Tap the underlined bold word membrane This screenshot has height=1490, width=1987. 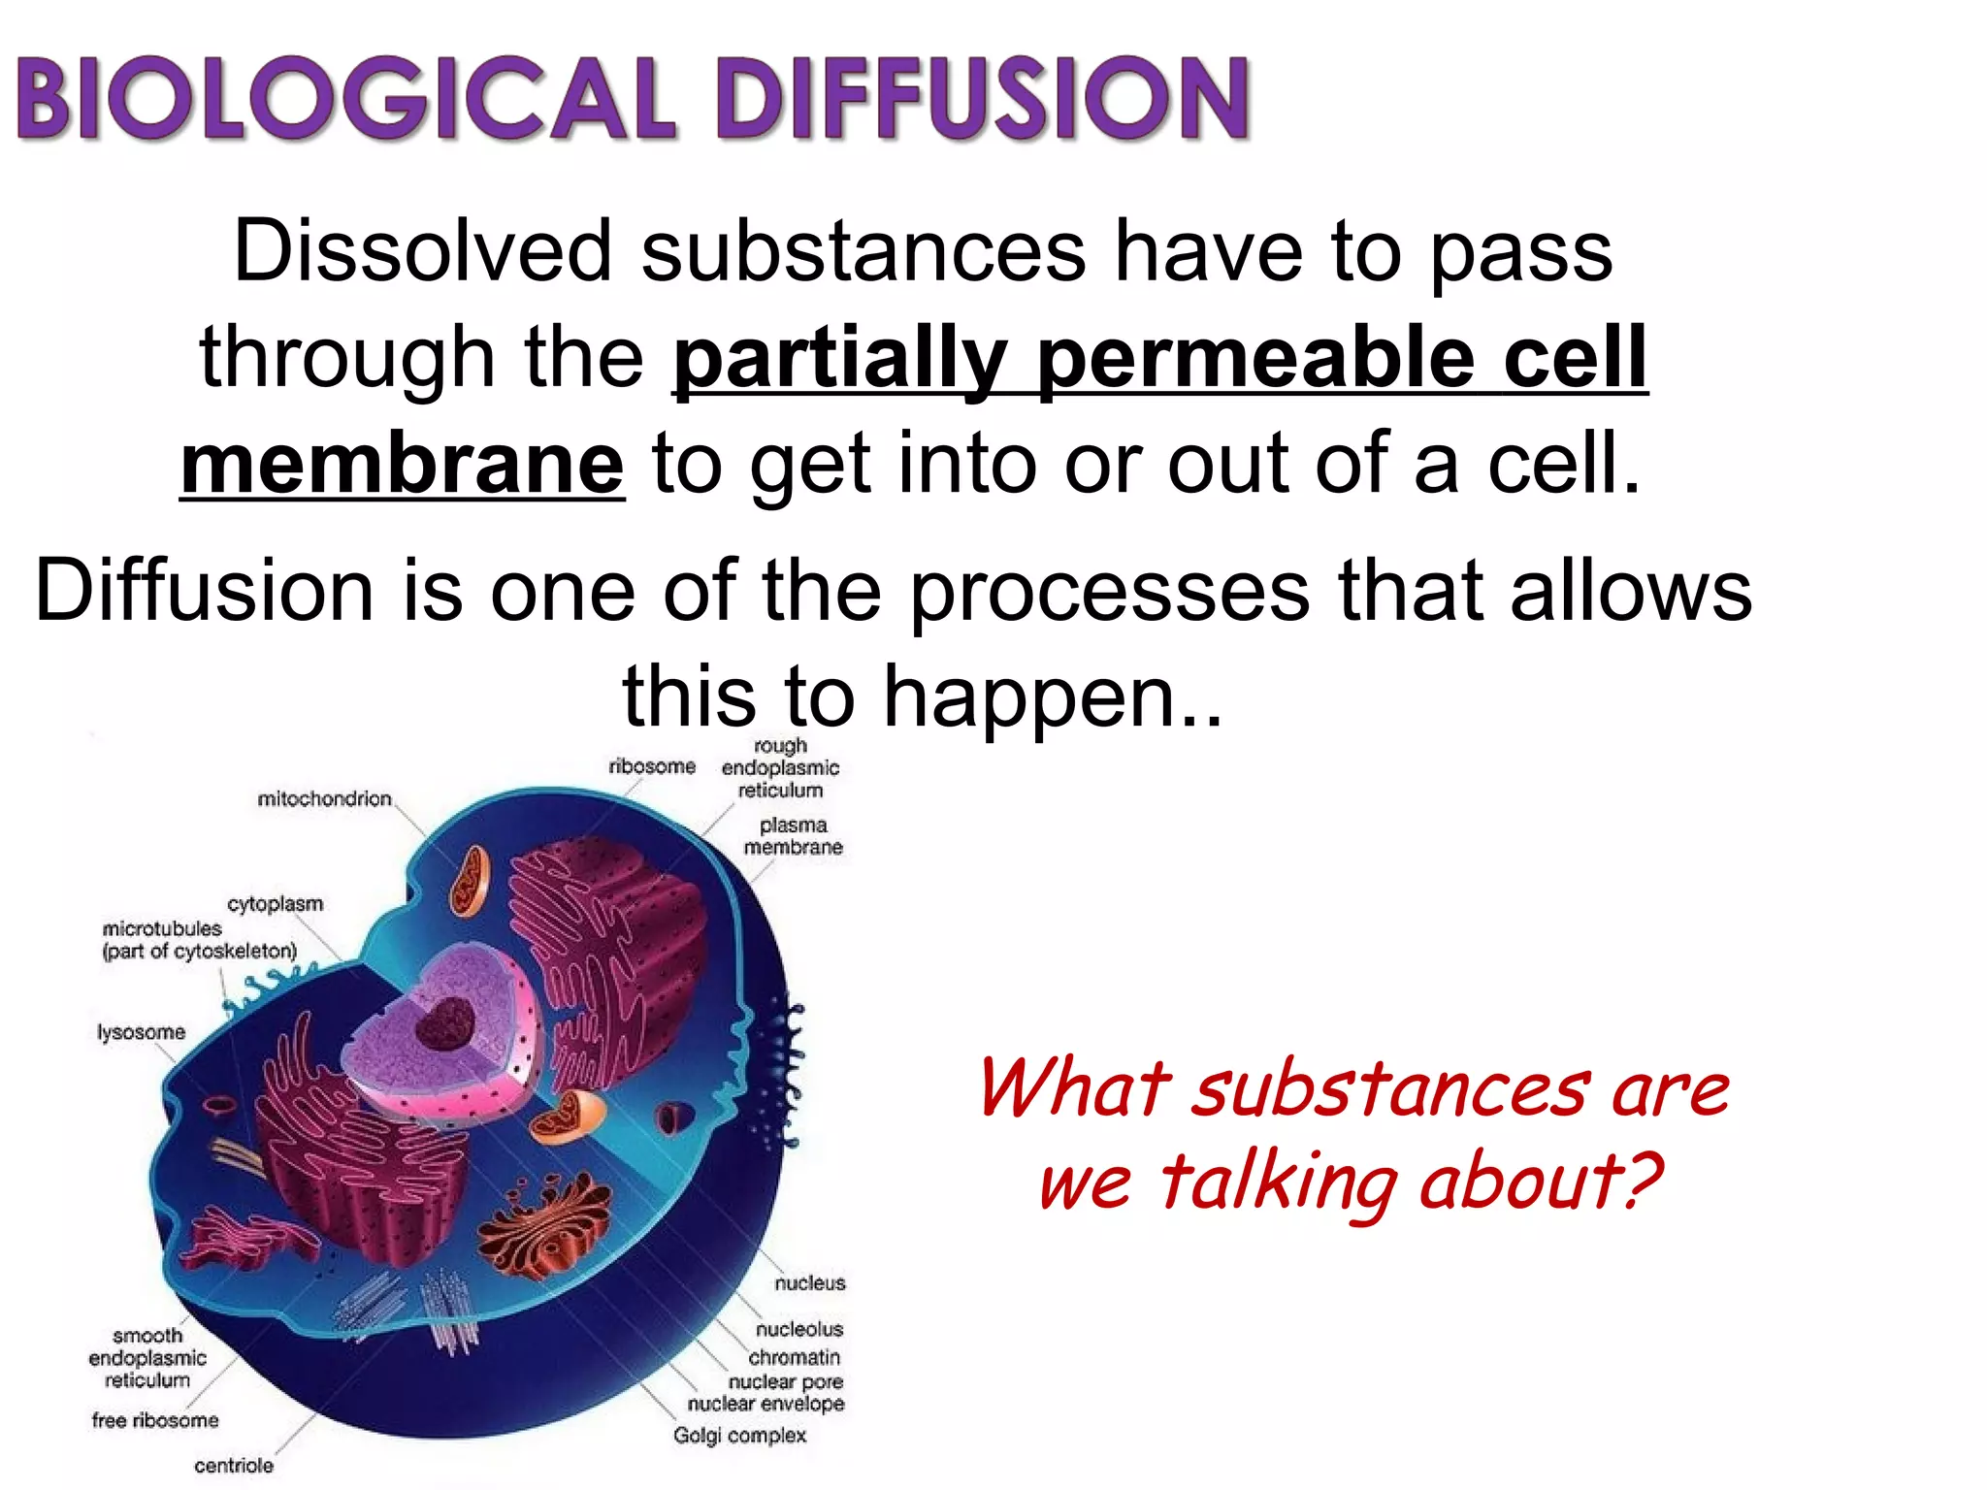(x=403, y=465)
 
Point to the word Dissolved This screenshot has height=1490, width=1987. (x=422, y=251)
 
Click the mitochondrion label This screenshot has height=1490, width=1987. (x=324, y=798)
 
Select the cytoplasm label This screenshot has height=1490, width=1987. (x=275, y=903)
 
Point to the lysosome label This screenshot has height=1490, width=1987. (x=141, y=1032)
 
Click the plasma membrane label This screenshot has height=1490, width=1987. (x=793, y=836)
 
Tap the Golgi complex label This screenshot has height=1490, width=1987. (x=739, y=1435)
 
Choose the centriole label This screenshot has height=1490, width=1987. (x=234, y=1465)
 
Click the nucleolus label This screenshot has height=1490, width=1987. (x=799, y=1329)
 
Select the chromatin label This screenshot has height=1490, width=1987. (x=794, y=1357)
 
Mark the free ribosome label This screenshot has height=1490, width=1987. (x=155, y=1420)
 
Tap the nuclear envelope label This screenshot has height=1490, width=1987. (x=765, y=1404)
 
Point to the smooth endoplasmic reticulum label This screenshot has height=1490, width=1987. (x=147, y=1357)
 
